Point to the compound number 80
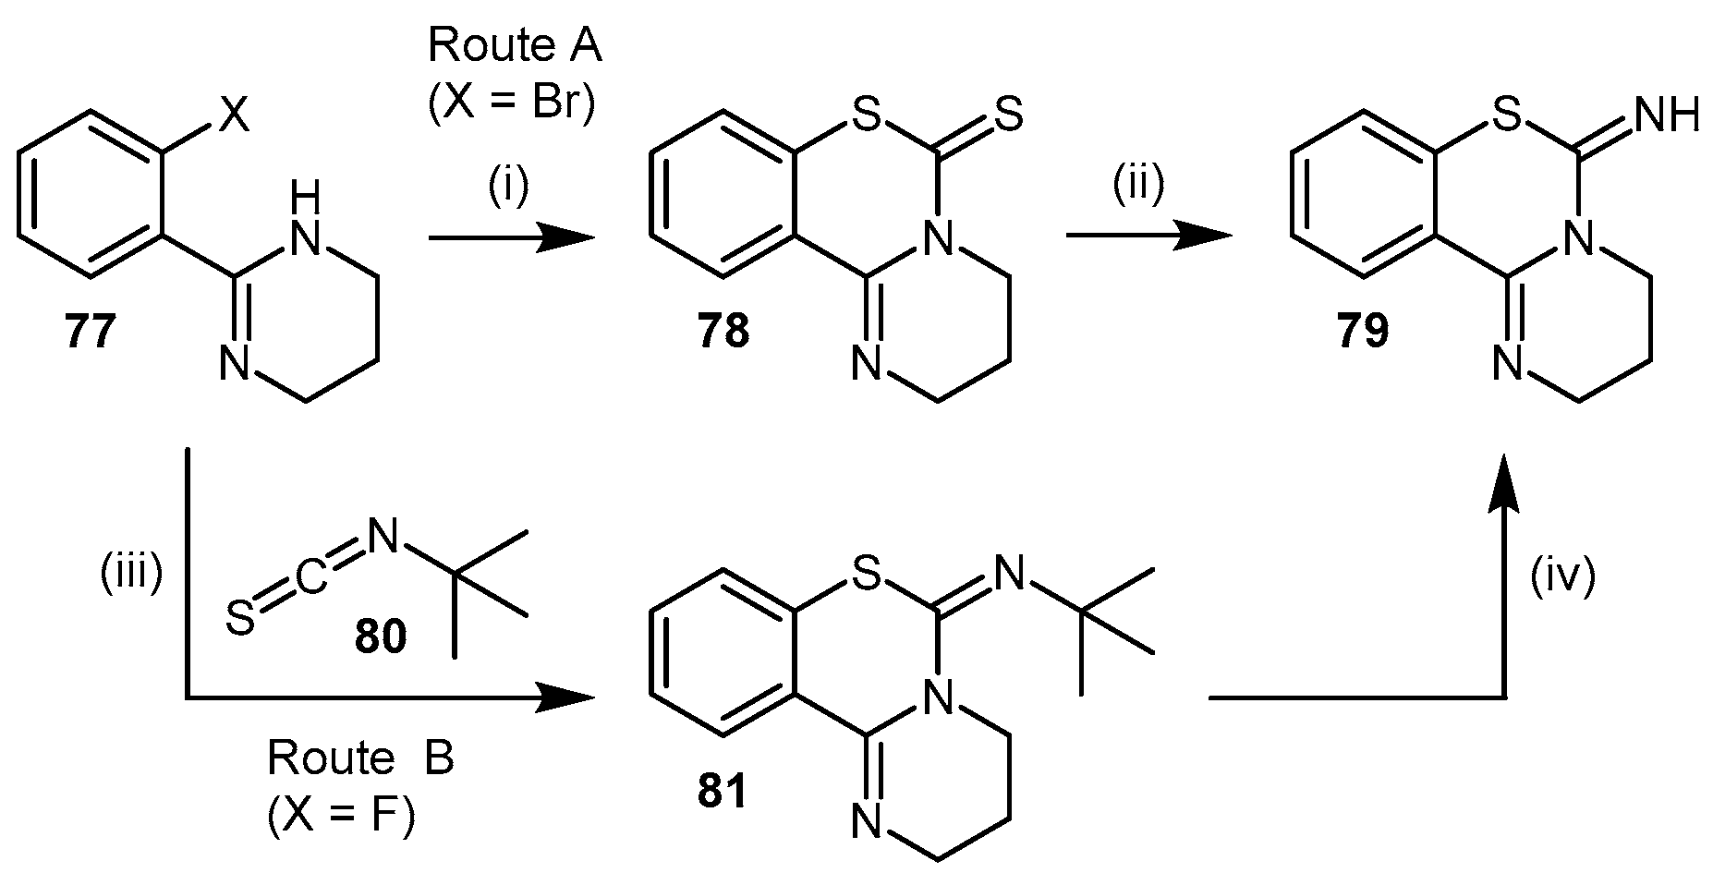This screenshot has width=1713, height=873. coord(380,637)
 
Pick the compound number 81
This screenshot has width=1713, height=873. coord(723,793)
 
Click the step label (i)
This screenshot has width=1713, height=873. coord(508,187)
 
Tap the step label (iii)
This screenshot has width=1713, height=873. coord(131,575)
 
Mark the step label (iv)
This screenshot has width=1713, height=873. coord(1561,579)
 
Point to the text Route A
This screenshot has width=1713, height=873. coord(515,46)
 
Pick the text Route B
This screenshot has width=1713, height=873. coord(360,759)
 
